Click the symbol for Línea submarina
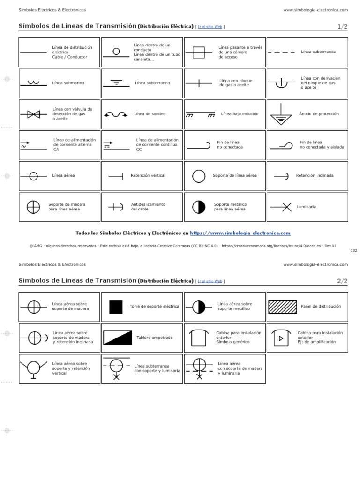(33, 83)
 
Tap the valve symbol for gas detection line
(33, 114)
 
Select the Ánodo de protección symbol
(280, 114)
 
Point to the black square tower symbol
(116, 307)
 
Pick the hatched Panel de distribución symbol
(281, 307)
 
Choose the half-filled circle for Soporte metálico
(199, 207)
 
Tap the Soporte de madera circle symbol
(33, 207)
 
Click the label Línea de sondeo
(150, 114)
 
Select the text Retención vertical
(148, 176)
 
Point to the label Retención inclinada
(315, 176)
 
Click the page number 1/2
(342, 27)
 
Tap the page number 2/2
(342, 281)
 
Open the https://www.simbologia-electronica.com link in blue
(240, 233)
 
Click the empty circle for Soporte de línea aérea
(199, 176)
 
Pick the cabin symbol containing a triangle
(281, 338)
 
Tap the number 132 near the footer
(354, 250)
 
